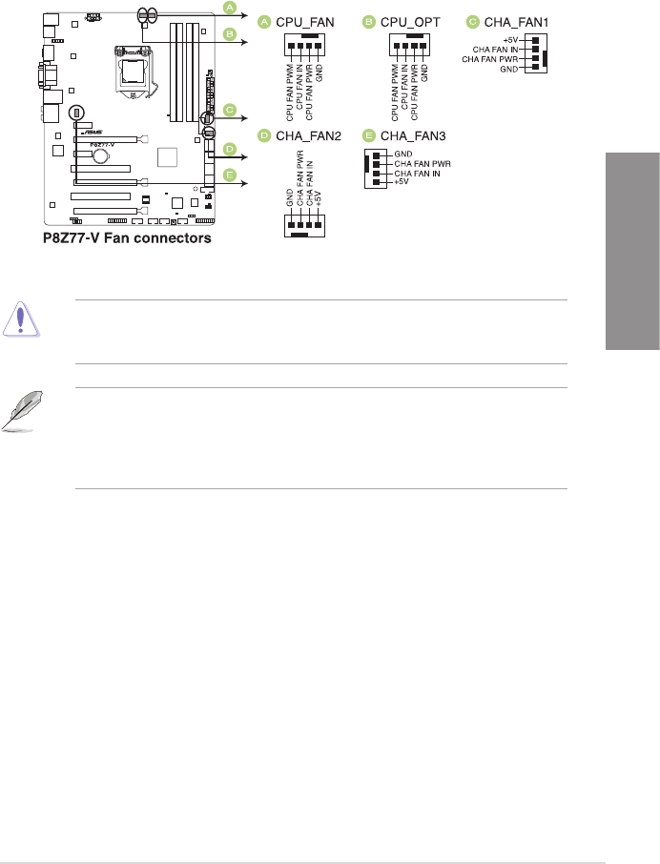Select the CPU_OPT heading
click(410, 21)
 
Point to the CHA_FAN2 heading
click(308, 136)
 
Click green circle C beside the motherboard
click(229, 110)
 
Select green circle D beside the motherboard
click(229, 150)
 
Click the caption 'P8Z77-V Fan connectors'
click(126, 238)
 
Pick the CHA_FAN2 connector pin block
click(305, 223)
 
